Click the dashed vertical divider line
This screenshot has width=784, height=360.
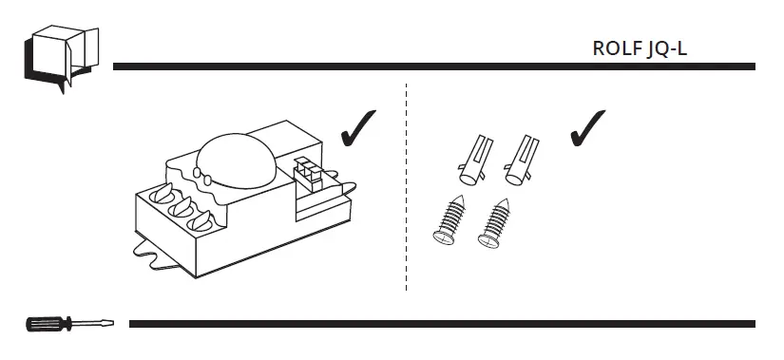click(406, 190)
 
